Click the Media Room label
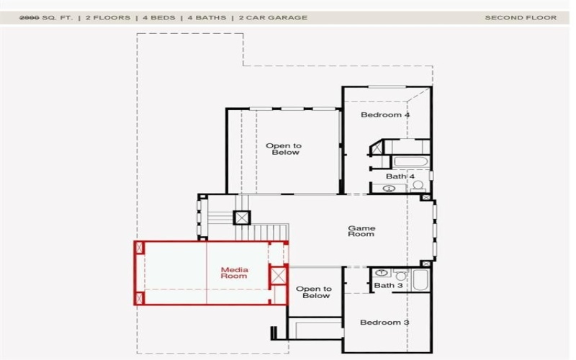(x=234, y=273)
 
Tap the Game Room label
(x=361, y=231)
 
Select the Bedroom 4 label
(x=385, y=114)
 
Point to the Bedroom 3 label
(x=384, y=322)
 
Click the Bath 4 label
(x=400, y=176)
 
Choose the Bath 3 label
(x=388, y=286)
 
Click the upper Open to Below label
(x=283, y=149)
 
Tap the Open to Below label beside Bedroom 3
(x=313, y=292)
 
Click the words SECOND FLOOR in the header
(x=521, y=18)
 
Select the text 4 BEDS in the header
(x=159, y=18)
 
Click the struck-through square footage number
(x=30, y=18)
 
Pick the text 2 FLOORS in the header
(x=108, y=18)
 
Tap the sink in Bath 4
(x=390, y=189)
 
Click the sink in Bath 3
(x=382, y=274)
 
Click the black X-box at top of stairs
(x=242, y=217)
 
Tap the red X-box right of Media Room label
(x=276, y=275)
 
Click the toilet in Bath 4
(x=417, y=187)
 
